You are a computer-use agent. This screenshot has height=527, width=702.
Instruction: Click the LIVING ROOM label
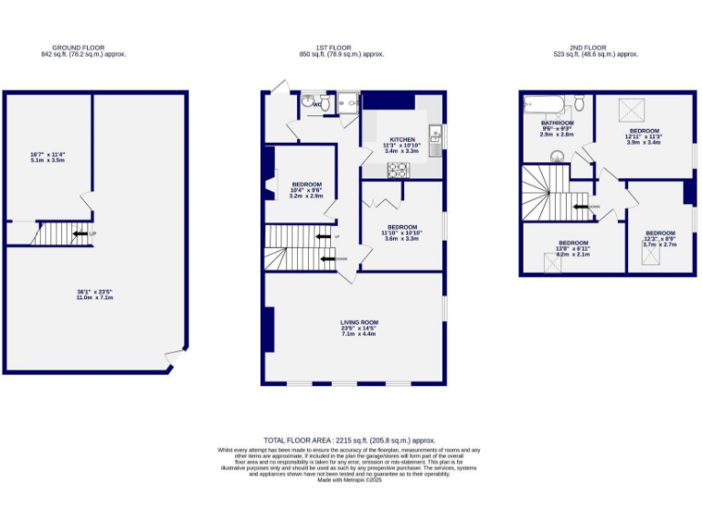359,322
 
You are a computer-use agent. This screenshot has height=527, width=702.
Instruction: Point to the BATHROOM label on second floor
556,123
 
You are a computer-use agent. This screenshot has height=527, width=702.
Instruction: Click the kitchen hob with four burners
399,168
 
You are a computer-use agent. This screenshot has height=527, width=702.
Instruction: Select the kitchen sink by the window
437,138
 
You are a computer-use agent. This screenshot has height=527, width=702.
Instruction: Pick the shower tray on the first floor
346,106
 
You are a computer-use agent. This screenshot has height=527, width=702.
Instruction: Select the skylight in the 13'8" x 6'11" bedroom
553,263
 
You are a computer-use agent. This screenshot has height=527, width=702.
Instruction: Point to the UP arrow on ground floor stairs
82,235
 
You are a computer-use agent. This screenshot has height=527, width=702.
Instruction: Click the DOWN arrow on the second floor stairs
582,207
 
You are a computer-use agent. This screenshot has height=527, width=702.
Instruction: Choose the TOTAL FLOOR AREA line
350,440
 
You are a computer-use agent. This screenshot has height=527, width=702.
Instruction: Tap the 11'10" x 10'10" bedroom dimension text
402,233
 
